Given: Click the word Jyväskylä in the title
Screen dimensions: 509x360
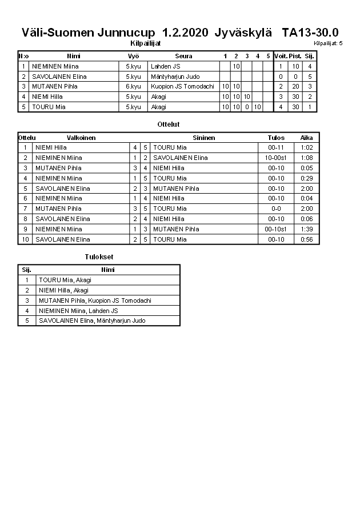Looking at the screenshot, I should coord(243,33).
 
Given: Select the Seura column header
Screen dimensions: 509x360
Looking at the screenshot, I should coord(183,56).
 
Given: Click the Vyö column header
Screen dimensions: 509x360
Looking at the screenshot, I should coord(133,56).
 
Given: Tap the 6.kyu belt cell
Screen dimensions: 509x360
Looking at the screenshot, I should coord(133,86).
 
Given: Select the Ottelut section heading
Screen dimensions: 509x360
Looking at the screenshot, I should coord(168,124).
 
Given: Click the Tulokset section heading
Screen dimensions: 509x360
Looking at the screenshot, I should coord(99,257).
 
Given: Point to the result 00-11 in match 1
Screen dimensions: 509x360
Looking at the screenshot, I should coord(276,147).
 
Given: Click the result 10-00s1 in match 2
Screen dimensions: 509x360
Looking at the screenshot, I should coord(276,158).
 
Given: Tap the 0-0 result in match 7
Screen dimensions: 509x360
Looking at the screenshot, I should coord(276,209).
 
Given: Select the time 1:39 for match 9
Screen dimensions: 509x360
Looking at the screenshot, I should coord(307,229).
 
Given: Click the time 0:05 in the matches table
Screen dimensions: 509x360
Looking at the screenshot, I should coord(307,168).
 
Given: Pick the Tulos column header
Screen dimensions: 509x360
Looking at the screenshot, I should coord(276,138).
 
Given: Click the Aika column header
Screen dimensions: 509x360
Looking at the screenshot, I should coord(307,138).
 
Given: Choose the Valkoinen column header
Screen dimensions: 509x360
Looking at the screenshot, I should coord(81,138).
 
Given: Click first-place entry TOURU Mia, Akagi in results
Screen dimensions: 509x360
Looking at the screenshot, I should coord(65,280).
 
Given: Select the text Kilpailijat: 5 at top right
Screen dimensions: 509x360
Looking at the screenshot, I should coord(328,43).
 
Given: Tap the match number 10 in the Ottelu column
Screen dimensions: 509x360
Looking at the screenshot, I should coord(25,239).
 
